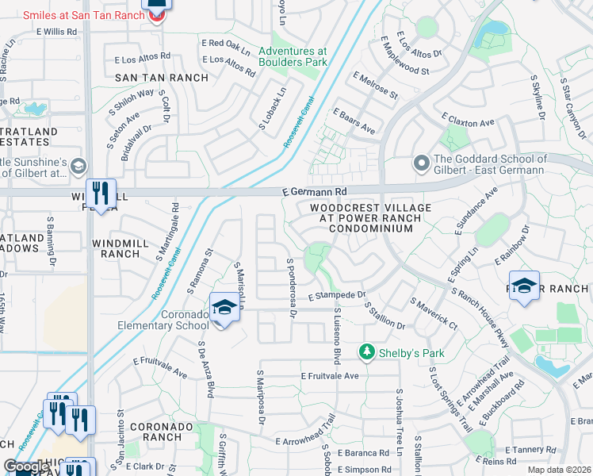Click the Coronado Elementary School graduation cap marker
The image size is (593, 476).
(224, 307)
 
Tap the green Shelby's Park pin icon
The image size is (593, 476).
(366, 351)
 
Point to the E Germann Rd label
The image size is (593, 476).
(315, 192)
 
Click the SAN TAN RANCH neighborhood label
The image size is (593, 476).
(162, 78)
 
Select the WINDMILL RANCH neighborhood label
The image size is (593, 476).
(116, 248)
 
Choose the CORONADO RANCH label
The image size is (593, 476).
(162, 432)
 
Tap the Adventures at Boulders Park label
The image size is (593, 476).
(293, 56)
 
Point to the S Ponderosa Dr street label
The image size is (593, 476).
(291, 288)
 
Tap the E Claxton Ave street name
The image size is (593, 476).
(469, 121)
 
